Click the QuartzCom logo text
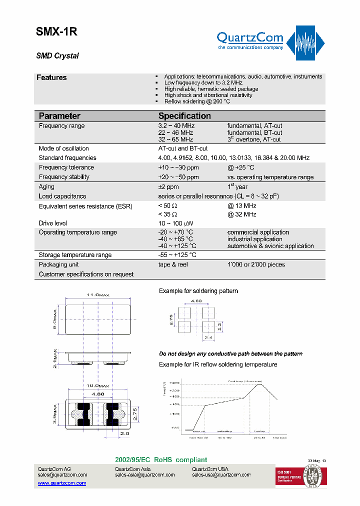pyautogui.click(x=249, y=37)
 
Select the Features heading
pyautogui.click(x=51, y=77)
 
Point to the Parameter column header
pyautogui.click(x=59, y=115)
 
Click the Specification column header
pyautogui.click(x=184, y=115)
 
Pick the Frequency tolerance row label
pyautogui.click(x=66, y=167)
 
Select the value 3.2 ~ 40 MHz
pyautogui.click(x=176, y=126)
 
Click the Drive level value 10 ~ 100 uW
pyautogui.click(x=175, y=223)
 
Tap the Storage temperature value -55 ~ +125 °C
pyautogui.click(x=177, y=255)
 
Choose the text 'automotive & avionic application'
pyautogui.click(x=270, y=246)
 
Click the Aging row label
pyautogui.click(x=46, y=186)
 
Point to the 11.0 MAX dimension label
pyautogui.click(x=97, y=296)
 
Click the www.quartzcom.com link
pyautogui.click(x=62, y=483)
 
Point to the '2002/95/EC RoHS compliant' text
pyautogui.click(x=161, y=460)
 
